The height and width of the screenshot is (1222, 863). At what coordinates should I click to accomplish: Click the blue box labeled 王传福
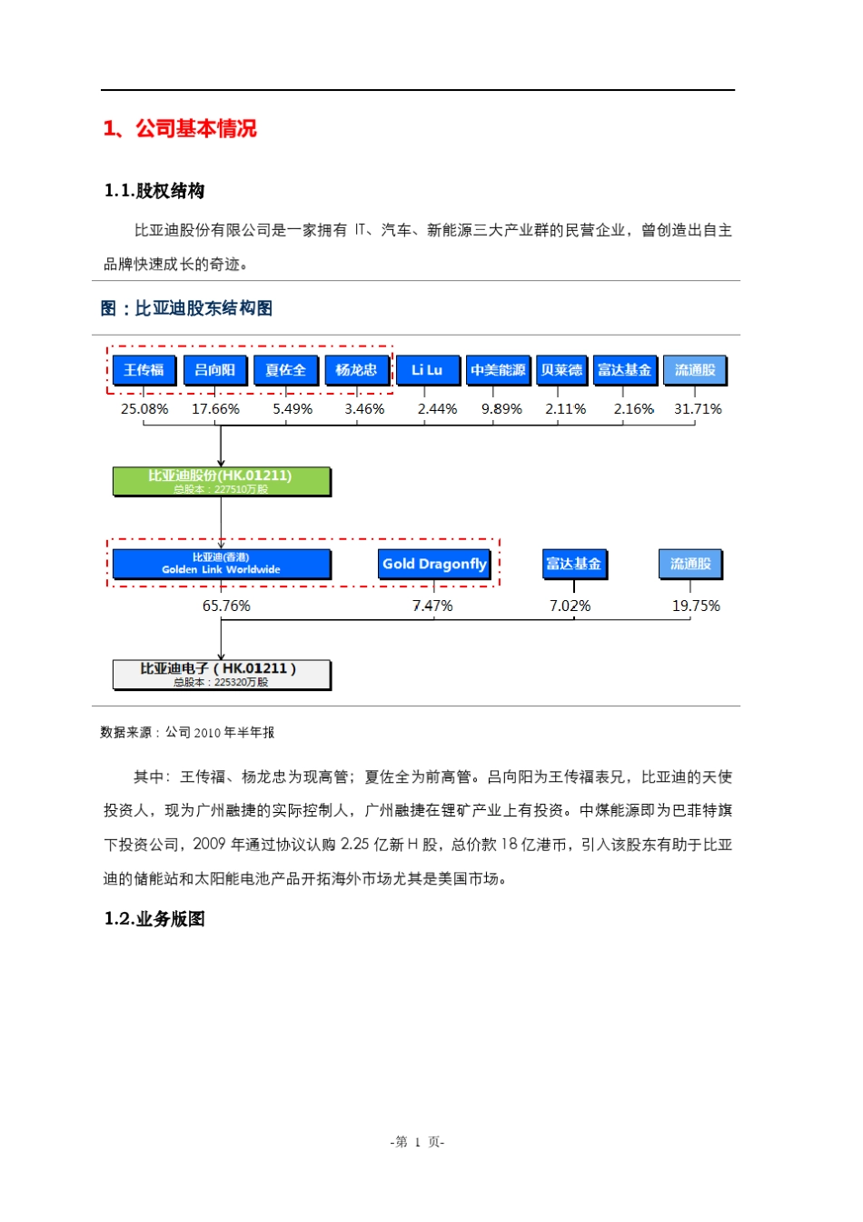click(144, 370)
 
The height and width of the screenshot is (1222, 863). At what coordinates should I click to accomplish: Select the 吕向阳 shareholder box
click(214, 370)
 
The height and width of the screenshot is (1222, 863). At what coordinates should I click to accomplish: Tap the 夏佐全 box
click(285, 370)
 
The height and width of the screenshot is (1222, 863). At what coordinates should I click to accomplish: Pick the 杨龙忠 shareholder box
click(356, 370)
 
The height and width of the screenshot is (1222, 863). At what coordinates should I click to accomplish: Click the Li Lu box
click(426, 370)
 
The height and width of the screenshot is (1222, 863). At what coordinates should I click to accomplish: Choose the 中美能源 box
click(498, 370)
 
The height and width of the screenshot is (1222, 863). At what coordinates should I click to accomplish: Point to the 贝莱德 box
click(561, 370)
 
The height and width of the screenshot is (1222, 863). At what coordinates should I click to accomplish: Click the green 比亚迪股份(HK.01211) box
click(221, 481)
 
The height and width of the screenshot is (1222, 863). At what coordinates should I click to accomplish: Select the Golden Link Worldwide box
click(221, 564)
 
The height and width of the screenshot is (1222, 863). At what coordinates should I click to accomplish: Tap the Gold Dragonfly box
click(434, 564)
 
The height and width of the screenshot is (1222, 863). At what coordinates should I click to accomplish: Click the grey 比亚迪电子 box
click(221, 674)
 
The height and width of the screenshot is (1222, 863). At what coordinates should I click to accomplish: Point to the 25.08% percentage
click(144, 409)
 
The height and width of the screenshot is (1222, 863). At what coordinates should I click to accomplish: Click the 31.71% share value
click(698, 409)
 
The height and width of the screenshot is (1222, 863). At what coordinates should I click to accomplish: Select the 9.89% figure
click(501, 409)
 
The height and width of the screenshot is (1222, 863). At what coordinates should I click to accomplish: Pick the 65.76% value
click(226, 606)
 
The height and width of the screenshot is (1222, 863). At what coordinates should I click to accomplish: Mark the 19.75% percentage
click(696, 606)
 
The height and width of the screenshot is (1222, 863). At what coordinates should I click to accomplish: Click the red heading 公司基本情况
click(195, 129)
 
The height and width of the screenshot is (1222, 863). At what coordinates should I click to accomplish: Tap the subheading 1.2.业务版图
click(154, 918)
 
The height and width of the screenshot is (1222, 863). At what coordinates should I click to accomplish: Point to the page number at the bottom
click(417, 1142)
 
